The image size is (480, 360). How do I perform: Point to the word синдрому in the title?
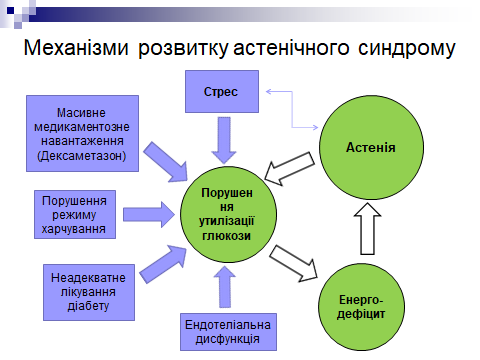(409, 49)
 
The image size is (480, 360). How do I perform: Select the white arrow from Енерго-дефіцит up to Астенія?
(367, 225)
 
